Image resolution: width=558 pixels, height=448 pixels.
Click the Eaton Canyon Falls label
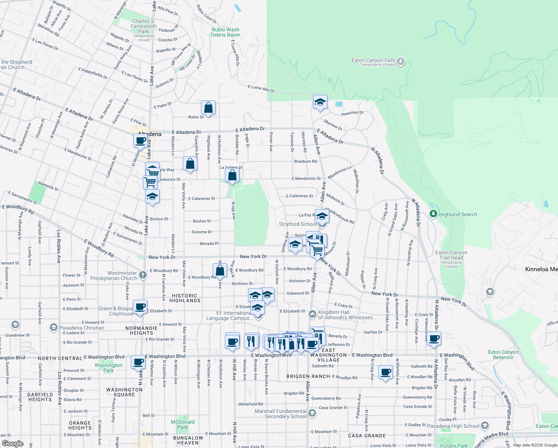click(373, 60)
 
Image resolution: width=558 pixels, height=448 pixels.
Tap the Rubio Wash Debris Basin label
click(225, 32)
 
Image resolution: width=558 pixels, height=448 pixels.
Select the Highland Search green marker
click(433, 214)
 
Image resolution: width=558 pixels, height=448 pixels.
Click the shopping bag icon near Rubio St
click(208, 108)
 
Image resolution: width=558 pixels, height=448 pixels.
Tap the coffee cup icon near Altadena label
click(141, 141)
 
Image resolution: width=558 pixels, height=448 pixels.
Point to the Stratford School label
click(298, 224)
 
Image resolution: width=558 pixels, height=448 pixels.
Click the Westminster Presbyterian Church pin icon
click(142, 276)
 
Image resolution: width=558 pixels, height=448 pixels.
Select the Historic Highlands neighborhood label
click(185, 298)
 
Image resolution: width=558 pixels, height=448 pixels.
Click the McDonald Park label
click(182, 424)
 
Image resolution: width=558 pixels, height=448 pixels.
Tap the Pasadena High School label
click(453, 426)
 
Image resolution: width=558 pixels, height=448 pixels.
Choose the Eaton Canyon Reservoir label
click(503, 355)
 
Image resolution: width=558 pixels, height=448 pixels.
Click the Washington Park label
click(109, 368)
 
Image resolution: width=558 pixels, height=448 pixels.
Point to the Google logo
click(12, 444)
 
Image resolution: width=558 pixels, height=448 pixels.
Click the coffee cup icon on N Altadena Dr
click(434, 339)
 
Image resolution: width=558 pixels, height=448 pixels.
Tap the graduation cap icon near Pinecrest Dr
click(320, 102)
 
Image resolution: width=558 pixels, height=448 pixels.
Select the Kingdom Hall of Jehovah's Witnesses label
click(347, 315)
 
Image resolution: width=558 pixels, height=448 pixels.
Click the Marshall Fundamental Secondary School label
click(280, 414)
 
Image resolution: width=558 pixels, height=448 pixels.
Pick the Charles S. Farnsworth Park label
click(144, 27)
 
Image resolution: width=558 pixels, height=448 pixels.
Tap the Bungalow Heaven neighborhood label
click(188, 440)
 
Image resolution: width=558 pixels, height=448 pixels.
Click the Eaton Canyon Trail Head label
click(451, 255)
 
